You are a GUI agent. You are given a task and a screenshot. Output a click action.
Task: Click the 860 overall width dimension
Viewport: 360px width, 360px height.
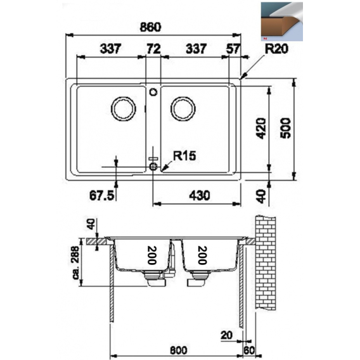(150, 27)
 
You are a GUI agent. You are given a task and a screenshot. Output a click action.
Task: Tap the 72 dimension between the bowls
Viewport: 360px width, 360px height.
(153, 49)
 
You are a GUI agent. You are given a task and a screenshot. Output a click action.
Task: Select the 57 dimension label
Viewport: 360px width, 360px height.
(233, 49)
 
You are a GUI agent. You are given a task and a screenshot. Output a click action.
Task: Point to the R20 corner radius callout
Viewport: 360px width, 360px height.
(276, 49)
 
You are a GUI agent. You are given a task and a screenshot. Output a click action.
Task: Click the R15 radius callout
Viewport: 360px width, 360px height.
(184, 155)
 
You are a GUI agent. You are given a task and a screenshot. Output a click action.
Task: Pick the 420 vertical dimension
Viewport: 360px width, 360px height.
(261, 128)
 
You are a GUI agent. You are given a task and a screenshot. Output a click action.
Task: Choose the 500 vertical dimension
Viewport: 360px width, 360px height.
(285, 128)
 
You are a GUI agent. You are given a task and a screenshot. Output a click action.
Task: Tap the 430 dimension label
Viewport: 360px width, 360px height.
(199, 195)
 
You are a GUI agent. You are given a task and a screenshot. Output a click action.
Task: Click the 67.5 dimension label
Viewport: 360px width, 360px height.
(101, 195)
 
